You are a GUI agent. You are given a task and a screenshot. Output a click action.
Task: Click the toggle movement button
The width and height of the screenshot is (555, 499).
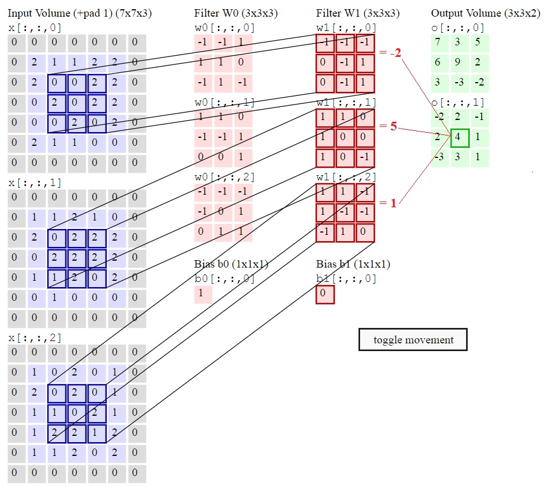[413, 340]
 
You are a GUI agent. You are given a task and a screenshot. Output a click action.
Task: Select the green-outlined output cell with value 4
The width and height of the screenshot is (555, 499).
[459, 138]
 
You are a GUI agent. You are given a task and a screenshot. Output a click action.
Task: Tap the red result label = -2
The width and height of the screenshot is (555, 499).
[390, 53]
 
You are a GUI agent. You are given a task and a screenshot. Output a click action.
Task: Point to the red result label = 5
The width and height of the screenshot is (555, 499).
[388, 126]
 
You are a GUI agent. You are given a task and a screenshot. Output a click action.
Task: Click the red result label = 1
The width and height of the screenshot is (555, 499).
[388, 203]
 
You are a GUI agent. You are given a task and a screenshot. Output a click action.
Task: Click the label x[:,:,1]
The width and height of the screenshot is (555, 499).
[35, 183]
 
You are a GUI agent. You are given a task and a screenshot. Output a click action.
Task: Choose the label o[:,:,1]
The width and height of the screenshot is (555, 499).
[458, 103]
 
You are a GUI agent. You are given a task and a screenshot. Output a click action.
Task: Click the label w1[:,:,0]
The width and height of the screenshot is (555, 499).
[347, 28]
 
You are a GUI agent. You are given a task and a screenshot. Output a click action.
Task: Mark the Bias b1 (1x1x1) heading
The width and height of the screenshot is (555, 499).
[353, 265]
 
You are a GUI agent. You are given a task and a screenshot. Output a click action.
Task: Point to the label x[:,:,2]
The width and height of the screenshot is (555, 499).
[35, 338]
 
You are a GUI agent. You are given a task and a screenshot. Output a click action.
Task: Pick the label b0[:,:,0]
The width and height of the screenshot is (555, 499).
[224, 279]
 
